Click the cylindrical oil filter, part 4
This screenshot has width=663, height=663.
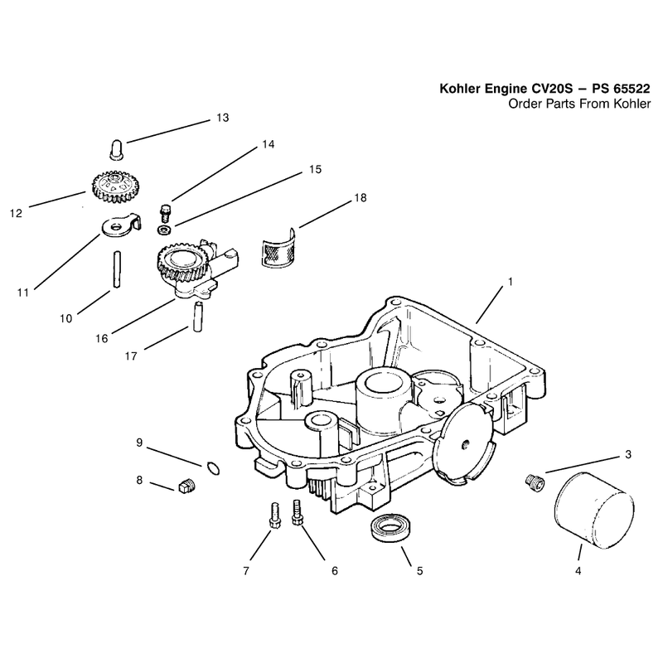coord(593,511)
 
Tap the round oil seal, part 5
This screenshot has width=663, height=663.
coord(389,527)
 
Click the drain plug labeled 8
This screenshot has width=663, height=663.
coord(186,486)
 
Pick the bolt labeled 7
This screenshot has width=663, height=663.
coord(275,515)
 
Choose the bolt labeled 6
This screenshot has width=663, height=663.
coord(298,512)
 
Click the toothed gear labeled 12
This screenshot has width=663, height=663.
coord(115,186)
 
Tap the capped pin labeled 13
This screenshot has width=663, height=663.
coord(117,150)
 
